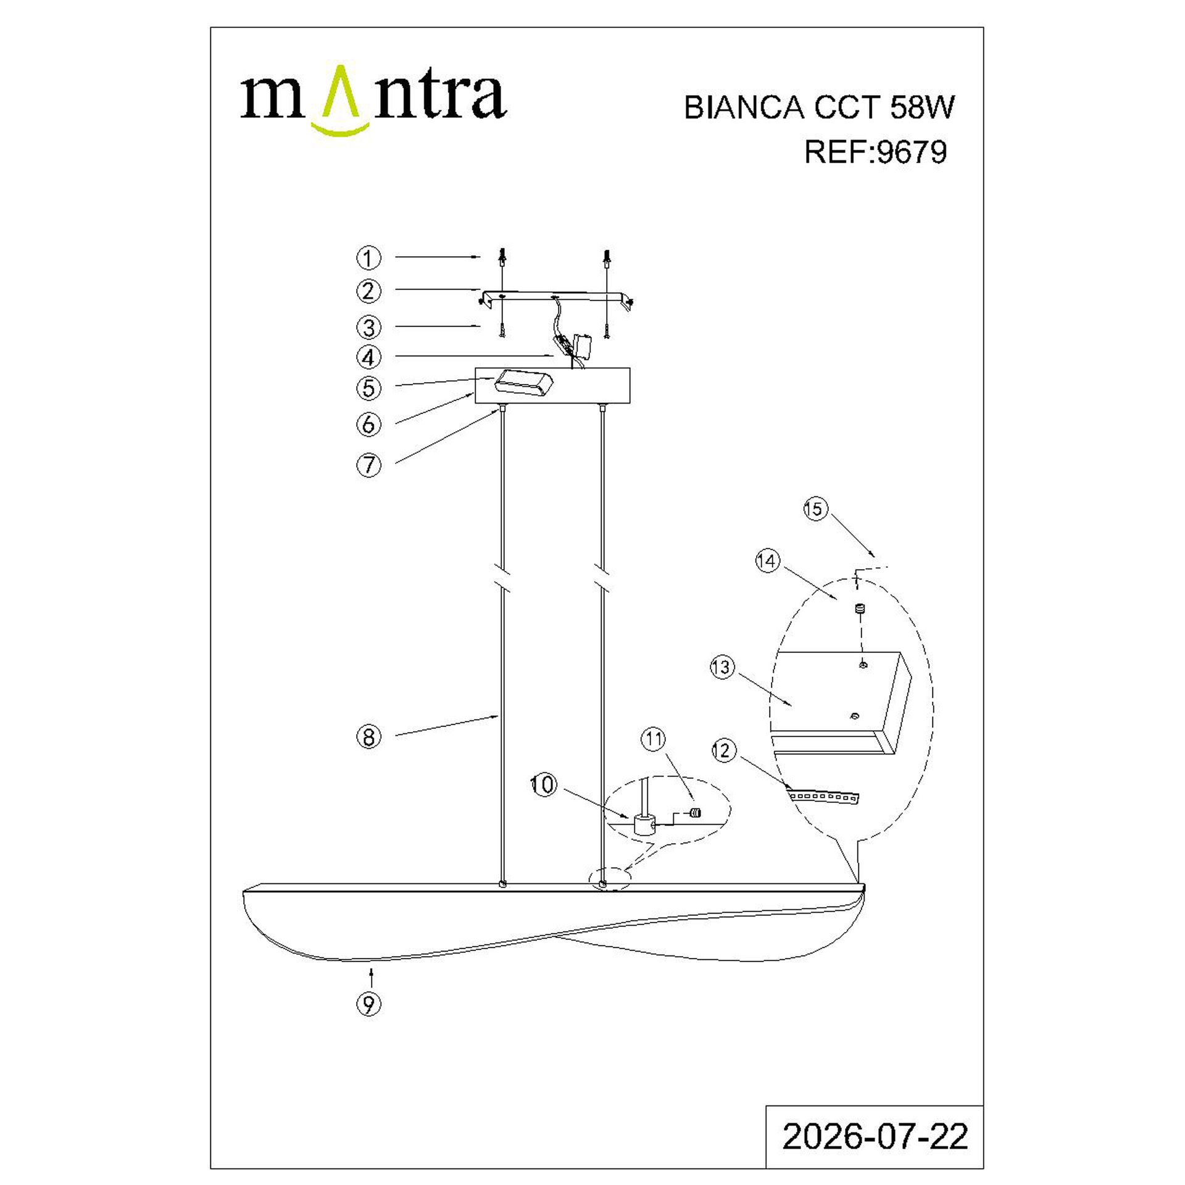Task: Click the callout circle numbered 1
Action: tap(368, 258)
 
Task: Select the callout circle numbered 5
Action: tap(368, 388)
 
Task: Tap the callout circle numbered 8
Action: tap(368, 737)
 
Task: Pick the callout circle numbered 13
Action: tap(721, 667)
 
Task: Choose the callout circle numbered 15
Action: tap(815, 509)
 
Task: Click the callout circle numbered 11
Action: tap(654, 738)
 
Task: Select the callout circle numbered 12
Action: tap(723, 750)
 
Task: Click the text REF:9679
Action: tap(875, 152)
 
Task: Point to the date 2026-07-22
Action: tap(875, 1136)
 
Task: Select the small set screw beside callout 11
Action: tap(696, 813)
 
